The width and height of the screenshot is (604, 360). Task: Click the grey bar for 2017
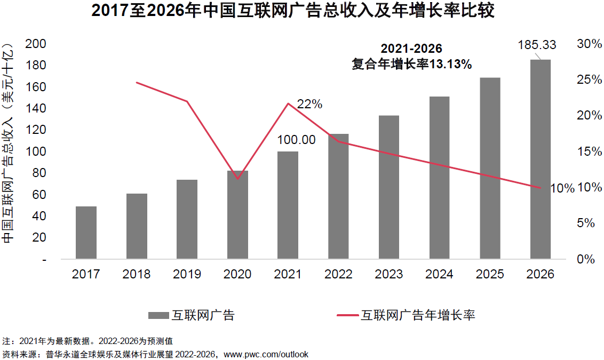pos(86,233)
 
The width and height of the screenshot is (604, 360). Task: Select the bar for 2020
pos(237,215)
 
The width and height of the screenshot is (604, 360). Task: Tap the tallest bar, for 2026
pos(540,159)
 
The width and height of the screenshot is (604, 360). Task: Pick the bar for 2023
pos(389,187)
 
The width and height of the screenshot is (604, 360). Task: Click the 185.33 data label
pos(537,45)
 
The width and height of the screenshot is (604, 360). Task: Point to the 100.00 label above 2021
pos(296,140)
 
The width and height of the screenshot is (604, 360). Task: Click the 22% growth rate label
pos(310,105)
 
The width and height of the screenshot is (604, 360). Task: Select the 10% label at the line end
pos(562,188)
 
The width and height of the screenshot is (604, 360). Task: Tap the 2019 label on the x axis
pos(187,274)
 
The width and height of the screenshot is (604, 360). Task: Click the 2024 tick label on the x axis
pos(439,274)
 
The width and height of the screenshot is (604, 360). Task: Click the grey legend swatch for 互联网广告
pos(158,315)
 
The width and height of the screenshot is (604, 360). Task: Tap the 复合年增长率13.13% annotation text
pos(411,65)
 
